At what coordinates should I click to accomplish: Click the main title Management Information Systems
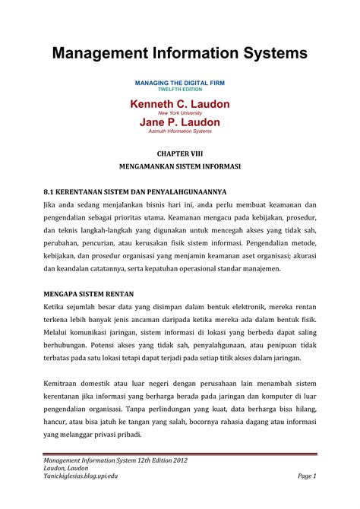click(179, 52)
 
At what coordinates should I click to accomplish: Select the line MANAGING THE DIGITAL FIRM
click(179, 82)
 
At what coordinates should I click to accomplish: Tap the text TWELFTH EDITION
click(179, 89)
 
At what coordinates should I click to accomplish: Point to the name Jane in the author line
click(154, 122)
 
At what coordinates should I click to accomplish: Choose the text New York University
click(179, 112)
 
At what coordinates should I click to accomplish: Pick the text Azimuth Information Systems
click(179, 131)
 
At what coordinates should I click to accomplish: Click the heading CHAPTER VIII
click(179, 153)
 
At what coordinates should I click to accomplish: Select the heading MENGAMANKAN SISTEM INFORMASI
click(179, 165)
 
